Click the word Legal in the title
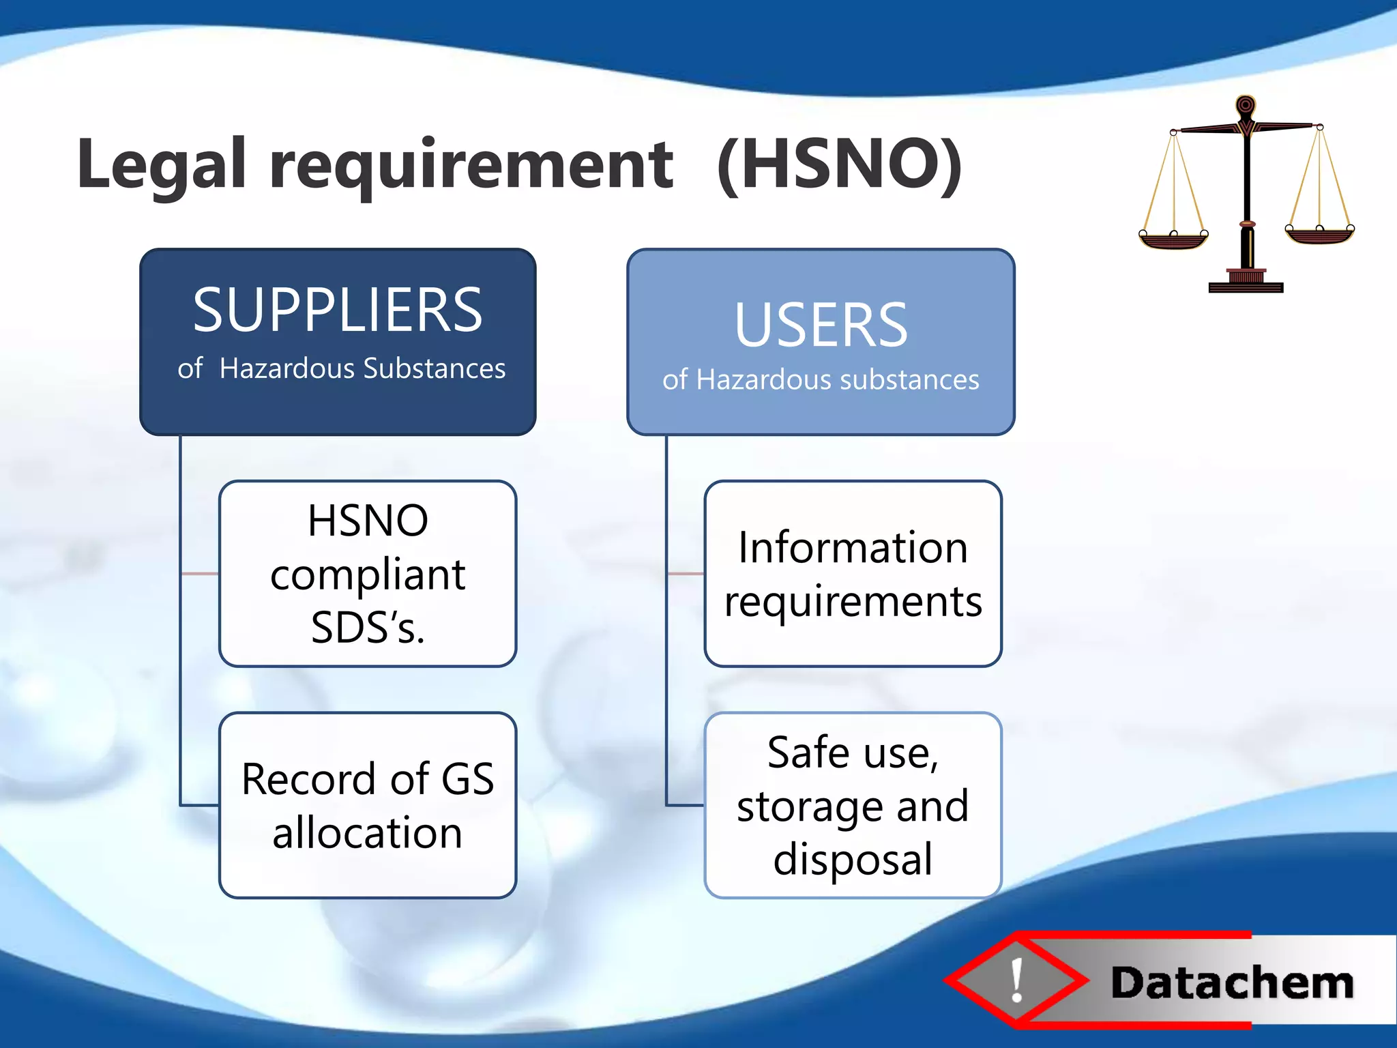(x=161, y=165)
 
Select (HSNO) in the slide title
(x=840, y=165)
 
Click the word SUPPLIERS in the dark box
(x=338, y=310)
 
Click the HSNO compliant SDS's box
(x=368, y=573)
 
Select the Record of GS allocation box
(x=368, y=805)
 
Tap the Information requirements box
(x=853, y=573)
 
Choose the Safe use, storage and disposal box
(x=853, y=805)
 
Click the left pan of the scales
(x=1173, y=239)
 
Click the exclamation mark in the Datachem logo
(x=1017, y=980)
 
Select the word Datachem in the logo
(x=1232, y=983)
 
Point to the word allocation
(x=368, y=833)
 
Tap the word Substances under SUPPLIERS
(x=434, y=368)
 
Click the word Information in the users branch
(x=853, y=547)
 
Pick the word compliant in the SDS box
(x=368, y=574)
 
